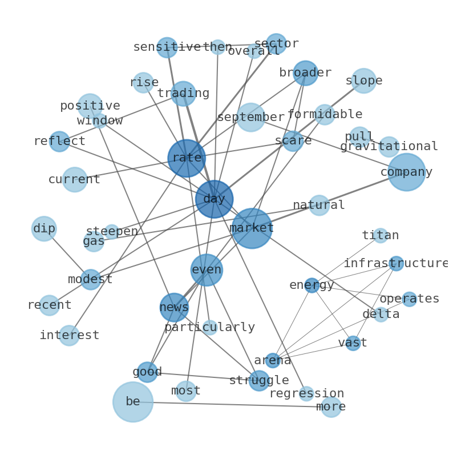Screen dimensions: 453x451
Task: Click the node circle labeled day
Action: (x=215, y=199)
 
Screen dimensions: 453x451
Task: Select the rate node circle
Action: (x=187, y=158)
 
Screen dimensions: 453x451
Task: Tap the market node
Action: (x=252, y=228)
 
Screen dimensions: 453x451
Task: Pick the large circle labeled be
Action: (x=133, y=402)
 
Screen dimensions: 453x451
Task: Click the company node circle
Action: (x=407, y=172)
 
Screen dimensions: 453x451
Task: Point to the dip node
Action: (x=44, y=229)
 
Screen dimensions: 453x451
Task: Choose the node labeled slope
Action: (x=364, y=81)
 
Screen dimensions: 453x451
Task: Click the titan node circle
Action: (x=381, y=235)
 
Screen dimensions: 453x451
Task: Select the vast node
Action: (x=353, y=343)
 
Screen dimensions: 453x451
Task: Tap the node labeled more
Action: (x=331, y=407)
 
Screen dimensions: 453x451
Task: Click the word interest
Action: (x=70, y=335)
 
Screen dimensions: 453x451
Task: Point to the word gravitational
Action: (x=389, y=146)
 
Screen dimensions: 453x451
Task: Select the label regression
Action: (x=306, y=393)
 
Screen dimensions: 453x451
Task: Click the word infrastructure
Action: (x=396, y=263)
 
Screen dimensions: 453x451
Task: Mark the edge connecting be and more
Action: (x=232, y=404)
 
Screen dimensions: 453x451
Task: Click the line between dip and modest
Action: (x=67, y=254)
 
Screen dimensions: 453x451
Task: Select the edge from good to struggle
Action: (x=203, y=376)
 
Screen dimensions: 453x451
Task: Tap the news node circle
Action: (x=174, y=307)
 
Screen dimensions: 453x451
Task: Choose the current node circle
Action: (x=75, y=179)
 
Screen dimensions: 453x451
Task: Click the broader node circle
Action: (x=305, y=73)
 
